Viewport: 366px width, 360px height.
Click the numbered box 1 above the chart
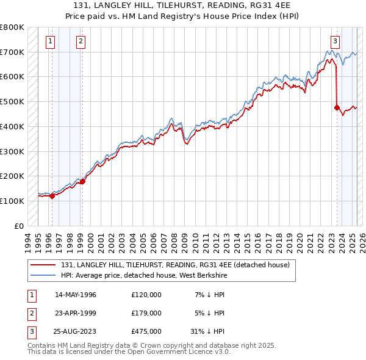point(49,41)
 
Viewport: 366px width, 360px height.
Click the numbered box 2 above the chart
point(81,41)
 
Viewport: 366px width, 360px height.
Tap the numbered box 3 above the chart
point(335,41)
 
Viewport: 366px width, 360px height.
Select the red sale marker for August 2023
point(337,107)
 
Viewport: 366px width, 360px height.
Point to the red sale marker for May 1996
point(52,196)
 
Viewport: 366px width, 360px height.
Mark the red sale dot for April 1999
point(82,181)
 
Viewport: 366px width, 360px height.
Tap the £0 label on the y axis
point(19,226)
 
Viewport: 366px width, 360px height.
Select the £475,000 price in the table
point(146,332)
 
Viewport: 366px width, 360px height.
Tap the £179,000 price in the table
point(146,313)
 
